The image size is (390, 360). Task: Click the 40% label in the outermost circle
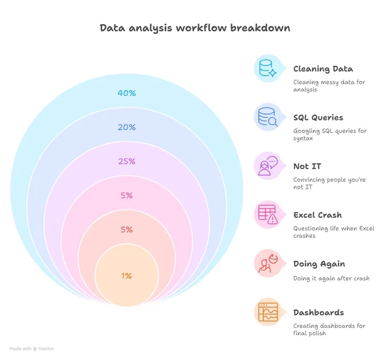(127, 93)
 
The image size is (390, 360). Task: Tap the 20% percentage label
(127, 127)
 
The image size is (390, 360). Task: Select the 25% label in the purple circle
(127, 161)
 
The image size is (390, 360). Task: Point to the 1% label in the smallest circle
(127, 276)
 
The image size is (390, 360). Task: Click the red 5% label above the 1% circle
(127, 229)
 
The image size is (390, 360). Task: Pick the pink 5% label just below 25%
(127, 195)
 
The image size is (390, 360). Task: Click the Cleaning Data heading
(323, 69)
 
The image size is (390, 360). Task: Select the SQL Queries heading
(318, 118)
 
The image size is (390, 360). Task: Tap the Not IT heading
(307, 166)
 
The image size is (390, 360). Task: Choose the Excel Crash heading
(318, 215)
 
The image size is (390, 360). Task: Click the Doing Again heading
(319, 264)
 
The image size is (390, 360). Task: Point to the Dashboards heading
(319, 312)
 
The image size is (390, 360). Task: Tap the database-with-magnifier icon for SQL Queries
(268, 117)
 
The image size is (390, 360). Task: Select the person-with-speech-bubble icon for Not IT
(268, 166)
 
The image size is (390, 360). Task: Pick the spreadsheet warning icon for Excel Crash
(268, 214)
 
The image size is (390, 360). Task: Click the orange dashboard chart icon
(268, 312)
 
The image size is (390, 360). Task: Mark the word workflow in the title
(201, 28)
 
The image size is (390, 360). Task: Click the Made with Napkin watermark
(32, 349)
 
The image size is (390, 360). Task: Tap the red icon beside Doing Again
(268, 263)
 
